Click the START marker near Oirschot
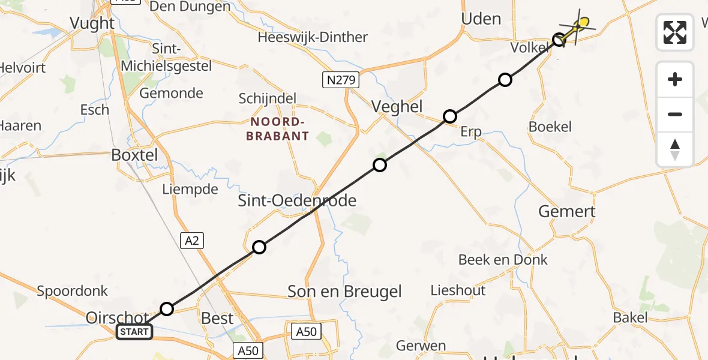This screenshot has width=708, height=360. pos(134,331)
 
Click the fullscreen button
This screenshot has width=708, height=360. pos(675,32)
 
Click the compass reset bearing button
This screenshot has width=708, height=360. pos(675,149)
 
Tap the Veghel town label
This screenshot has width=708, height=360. pos(397,107)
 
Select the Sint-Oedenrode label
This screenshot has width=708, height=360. pos(297,200)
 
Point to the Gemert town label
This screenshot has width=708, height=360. pos(567,211)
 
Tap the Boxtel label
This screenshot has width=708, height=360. pos(134,155)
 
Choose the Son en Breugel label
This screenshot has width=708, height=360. pos(344,292)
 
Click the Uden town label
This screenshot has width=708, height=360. pos(481,19)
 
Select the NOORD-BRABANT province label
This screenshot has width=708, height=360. pos(278,129)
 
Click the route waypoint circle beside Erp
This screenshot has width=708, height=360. pos(449,116)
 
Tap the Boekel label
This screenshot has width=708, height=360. pos(550,127)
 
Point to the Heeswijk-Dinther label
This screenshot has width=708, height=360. pos(313,37)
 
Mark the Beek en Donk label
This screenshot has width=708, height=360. pos(503,259)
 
